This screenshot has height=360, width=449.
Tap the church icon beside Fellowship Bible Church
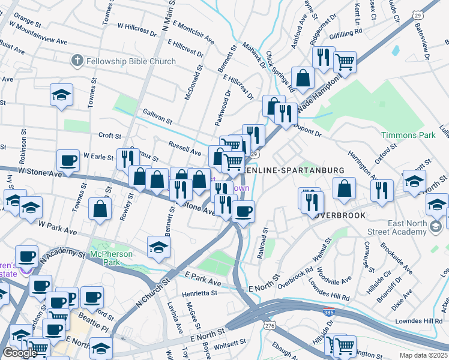[77, 61]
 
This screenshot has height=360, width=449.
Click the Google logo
[20, 353]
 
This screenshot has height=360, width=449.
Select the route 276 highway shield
[270, 325]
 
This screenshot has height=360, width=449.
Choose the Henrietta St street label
[200, 293]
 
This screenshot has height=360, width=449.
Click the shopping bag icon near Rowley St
[100, 209]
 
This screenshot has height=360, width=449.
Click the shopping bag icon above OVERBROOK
[344, 188]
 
